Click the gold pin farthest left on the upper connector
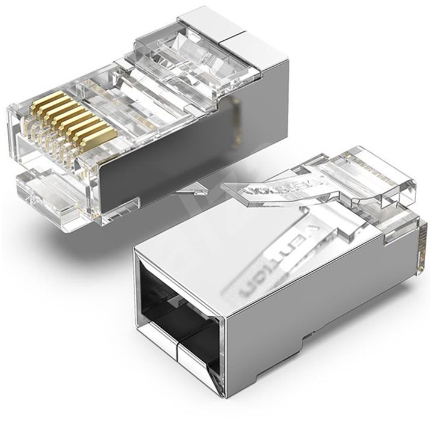tap(35, 102)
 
